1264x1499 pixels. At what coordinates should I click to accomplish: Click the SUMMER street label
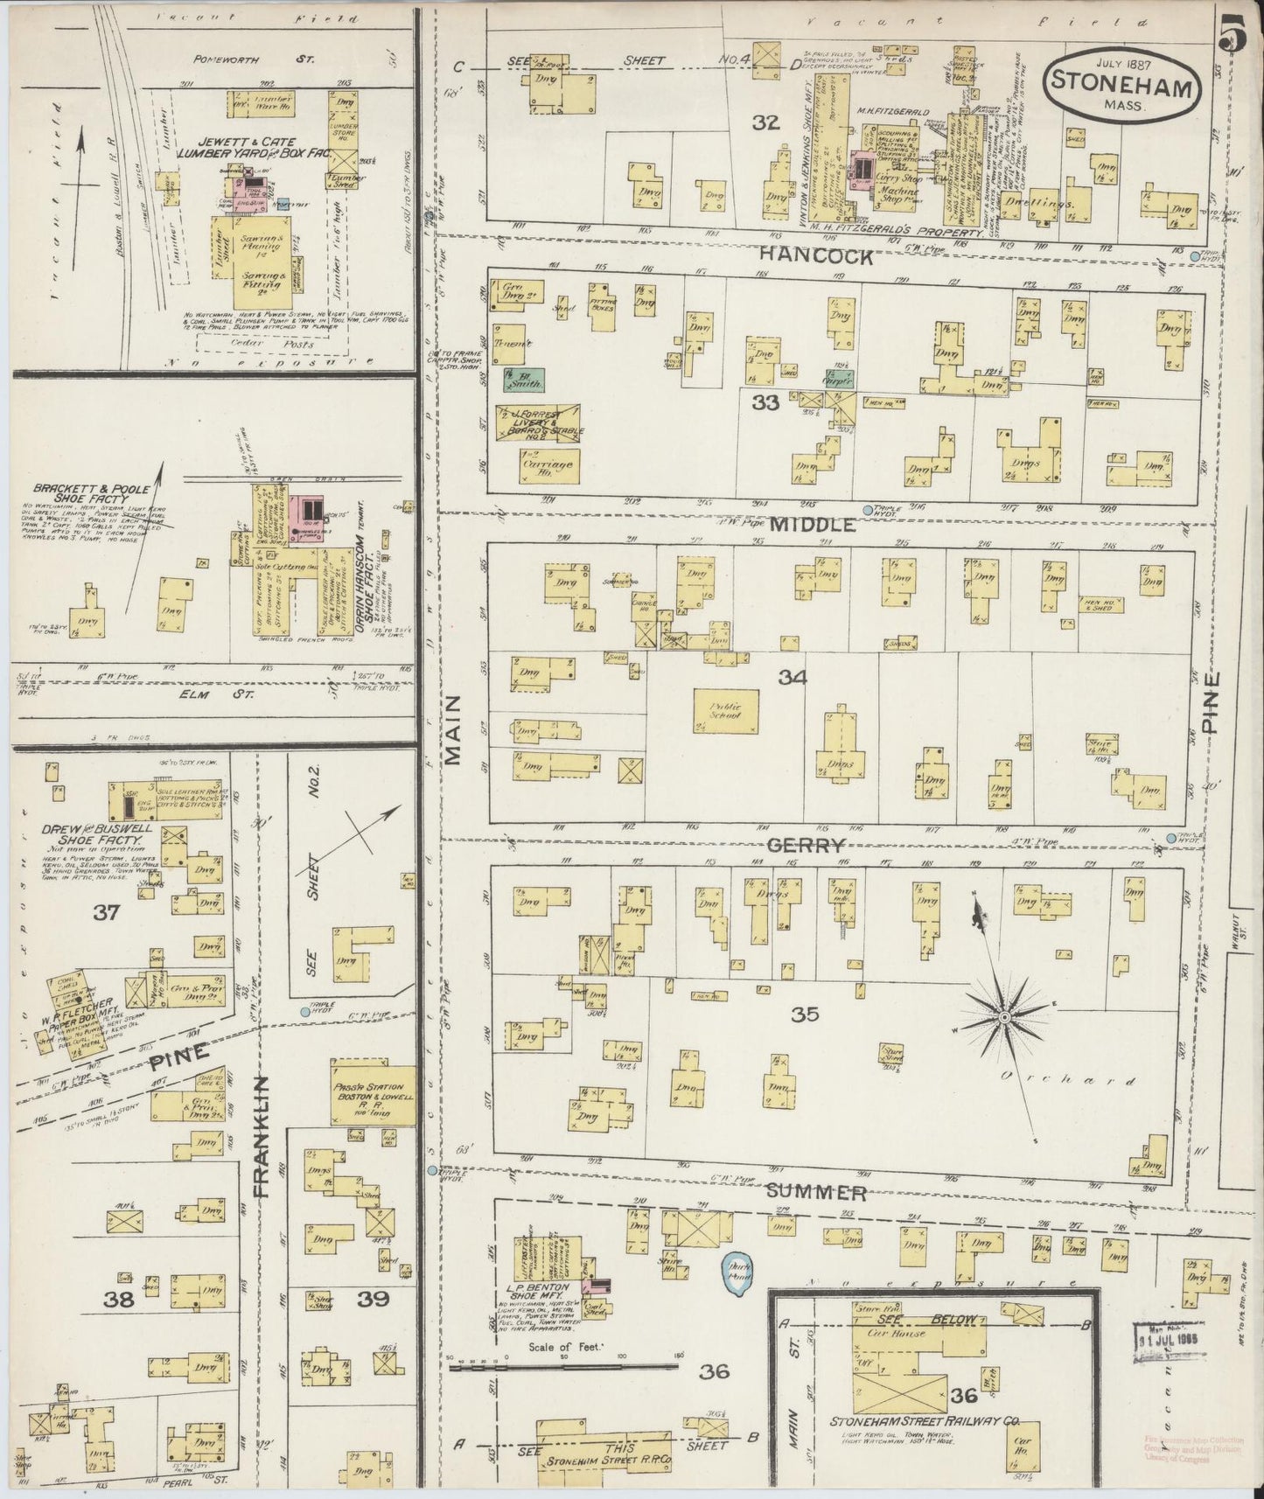click(x=817, y=1192)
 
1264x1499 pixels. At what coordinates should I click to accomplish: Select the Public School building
click(x=726, y=711)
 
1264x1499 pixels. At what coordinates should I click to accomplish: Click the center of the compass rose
click(x=1005, y=1018)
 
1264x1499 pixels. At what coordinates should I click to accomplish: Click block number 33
click(x=765, y=403)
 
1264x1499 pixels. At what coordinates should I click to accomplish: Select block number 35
click(x=804, y=1014)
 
